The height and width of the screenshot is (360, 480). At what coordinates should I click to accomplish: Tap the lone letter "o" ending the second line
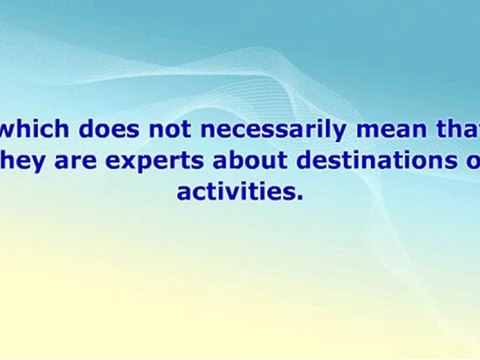click(x=472, y=161)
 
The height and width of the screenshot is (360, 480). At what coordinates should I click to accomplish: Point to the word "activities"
click(x=236, y=191)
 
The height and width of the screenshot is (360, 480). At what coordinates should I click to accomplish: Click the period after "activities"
click(x=299, y=197)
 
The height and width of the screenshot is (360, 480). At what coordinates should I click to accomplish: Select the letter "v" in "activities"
click(x=235, y=192)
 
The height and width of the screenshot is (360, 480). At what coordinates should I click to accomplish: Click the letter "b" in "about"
click(x=221, y=159)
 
